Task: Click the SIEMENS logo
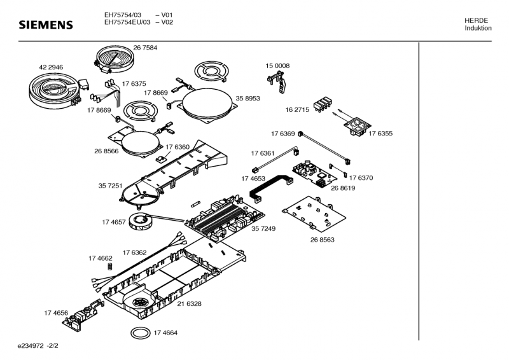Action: (45, 25)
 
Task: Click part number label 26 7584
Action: (145, 48)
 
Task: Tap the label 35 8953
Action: (248, 99)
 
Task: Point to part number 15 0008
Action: (277, 66)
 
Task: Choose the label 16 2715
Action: (297, 110)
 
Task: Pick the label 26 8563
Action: (323, 240)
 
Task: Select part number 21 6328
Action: (189, 304)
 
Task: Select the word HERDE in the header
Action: (477, 21)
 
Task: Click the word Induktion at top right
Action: (478, 29)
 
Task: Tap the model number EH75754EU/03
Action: (127, 22)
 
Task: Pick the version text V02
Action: (167, 22)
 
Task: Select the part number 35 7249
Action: (263, 228)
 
